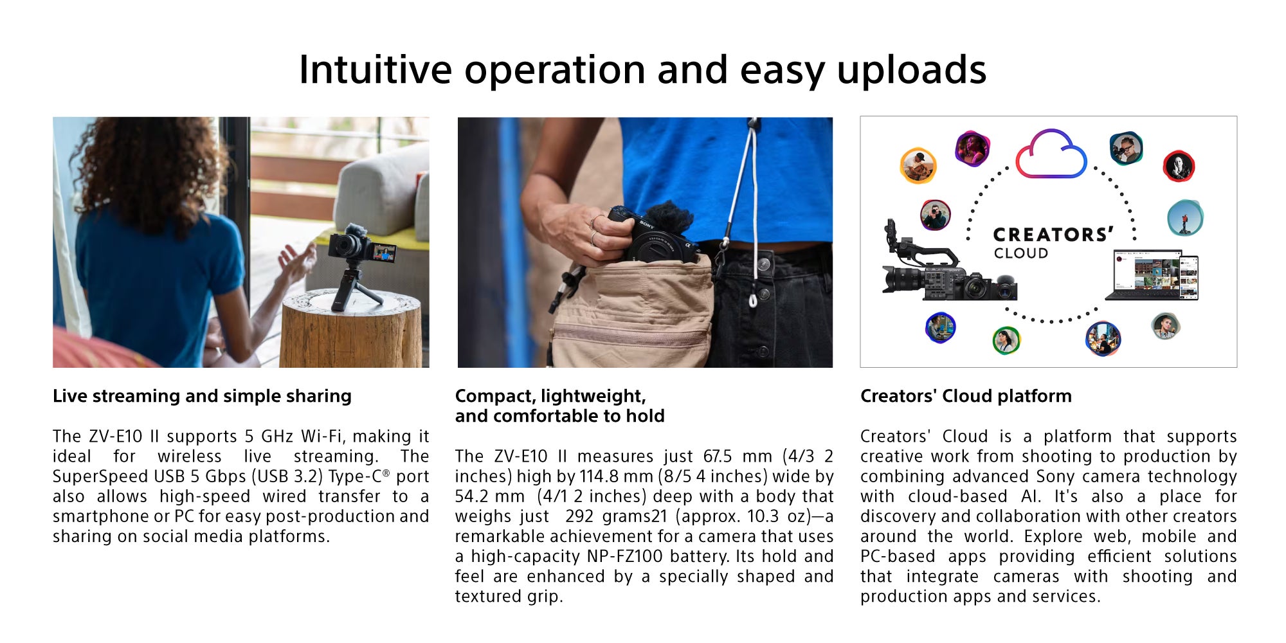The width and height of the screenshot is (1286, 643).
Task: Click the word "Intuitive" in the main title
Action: (x=376, y=69)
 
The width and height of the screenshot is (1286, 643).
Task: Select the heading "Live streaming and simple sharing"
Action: (x=202, y=396)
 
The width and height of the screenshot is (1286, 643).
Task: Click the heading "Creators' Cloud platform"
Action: (x=966, y=396)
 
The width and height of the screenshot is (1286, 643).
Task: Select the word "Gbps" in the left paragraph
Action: (x=226, y=477)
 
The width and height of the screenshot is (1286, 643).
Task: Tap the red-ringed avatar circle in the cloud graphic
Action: (x=1179, y=166)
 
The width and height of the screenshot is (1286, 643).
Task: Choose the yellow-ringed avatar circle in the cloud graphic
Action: (x=918, y=165)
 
